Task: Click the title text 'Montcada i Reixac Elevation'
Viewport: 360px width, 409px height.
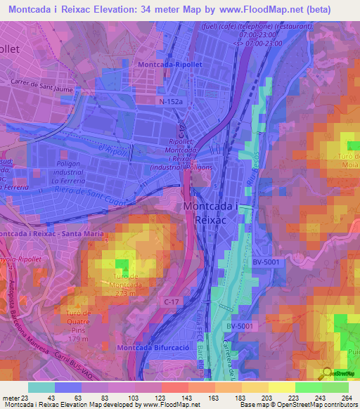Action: click(x=91, y=10)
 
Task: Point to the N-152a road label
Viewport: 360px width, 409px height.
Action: click(x=169, y=102)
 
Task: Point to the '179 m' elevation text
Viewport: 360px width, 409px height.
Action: click(x=82, y=341)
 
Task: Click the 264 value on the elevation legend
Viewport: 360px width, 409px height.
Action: click(x=346, y=398)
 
